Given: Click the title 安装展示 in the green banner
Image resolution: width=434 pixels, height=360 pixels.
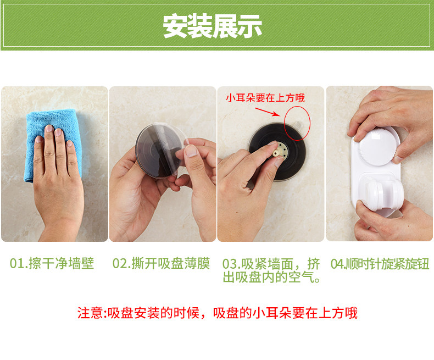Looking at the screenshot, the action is coord(212,26).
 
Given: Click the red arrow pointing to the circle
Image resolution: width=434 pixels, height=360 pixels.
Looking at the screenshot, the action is coord(268,112).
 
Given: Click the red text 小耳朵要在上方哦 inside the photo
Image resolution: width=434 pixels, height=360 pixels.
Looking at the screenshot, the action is coord(265,98).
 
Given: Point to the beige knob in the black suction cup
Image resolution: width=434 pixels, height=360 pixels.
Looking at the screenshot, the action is coord(277,152).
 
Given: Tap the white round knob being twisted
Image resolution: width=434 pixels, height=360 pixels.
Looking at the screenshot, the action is coord(379,147).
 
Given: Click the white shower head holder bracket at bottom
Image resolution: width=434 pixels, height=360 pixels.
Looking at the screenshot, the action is coord(381,194).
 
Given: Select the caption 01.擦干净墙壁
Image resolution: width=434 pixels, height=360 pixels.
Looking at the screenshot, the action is coord(52,263).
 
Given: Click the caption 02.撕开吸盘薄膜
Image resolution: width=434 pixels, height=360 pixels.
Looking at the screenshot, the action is coord(161,263).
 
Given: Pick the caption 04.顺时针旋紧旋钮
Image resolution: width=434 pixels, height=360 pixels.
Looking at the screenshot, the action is coord(380,264).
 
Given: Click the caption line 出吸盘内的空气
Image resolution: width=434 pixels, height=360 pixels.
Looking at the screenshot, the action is coord(271,277).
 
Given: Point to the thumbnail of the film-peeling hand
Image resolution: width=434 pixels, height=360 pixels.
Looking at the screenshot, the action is coord(191,152).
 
